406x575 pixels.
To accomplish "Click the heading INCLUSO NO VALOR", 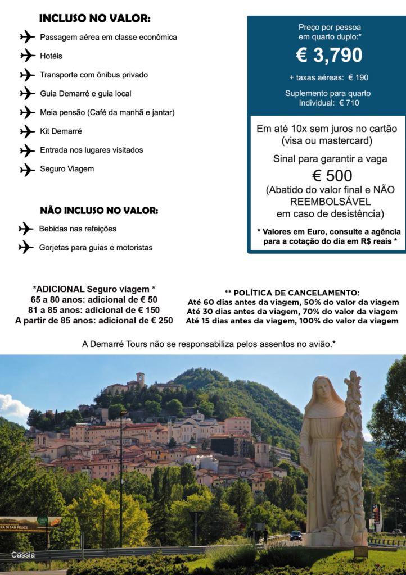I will (94, 19).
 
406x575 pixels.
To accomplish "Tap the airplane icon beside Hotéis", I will (28, 56).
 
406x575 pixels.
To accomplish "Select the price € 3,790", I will (329, 56).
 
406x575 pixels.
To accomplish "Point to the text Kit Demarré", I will (61, 131).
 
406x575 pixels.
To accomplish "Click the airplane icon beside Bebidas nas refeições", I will (26, 229).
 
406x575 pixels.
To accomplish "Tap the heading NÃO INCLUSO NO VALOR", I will (99, 211).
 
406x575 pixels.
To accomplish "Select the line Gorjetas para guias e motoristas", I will (96, 248).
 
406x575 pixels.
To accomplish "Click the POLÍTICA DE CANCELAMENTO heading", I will (292, 293).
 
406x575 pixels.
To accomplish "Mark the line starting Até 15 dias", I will (292, 321).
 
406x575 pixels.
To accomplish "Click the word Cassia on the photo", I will (23, 555).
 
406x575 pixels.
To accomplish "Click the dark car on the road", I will (296, 535).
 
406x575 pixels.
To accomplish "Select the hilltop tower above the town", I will (140, 379).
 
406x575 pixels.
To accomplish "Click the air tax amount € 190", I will (358, 77).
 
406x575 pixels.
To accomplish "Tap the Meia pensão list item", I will (107, 112).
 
